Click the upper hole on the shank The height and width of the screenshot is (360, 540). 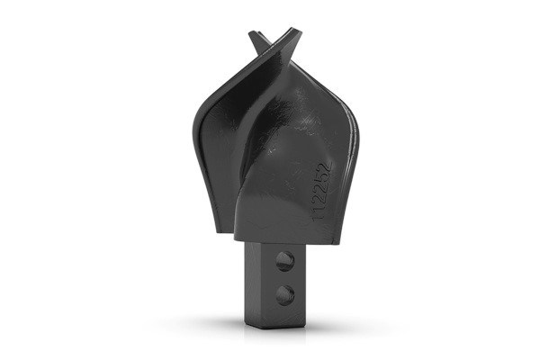(x=284, y=262)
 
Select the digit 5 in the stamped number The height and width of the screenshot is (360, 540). (x=319, y=178)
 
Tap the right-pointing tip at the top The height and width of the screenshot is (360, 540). (x=296, y=31)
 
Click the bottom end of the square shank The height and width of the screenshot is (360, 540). (x=270, y=325)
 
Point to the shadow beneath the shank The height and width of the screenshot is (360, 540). (x=270, y=335)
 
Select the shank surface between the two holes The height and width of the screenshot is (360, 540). (x=284, y=276)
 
